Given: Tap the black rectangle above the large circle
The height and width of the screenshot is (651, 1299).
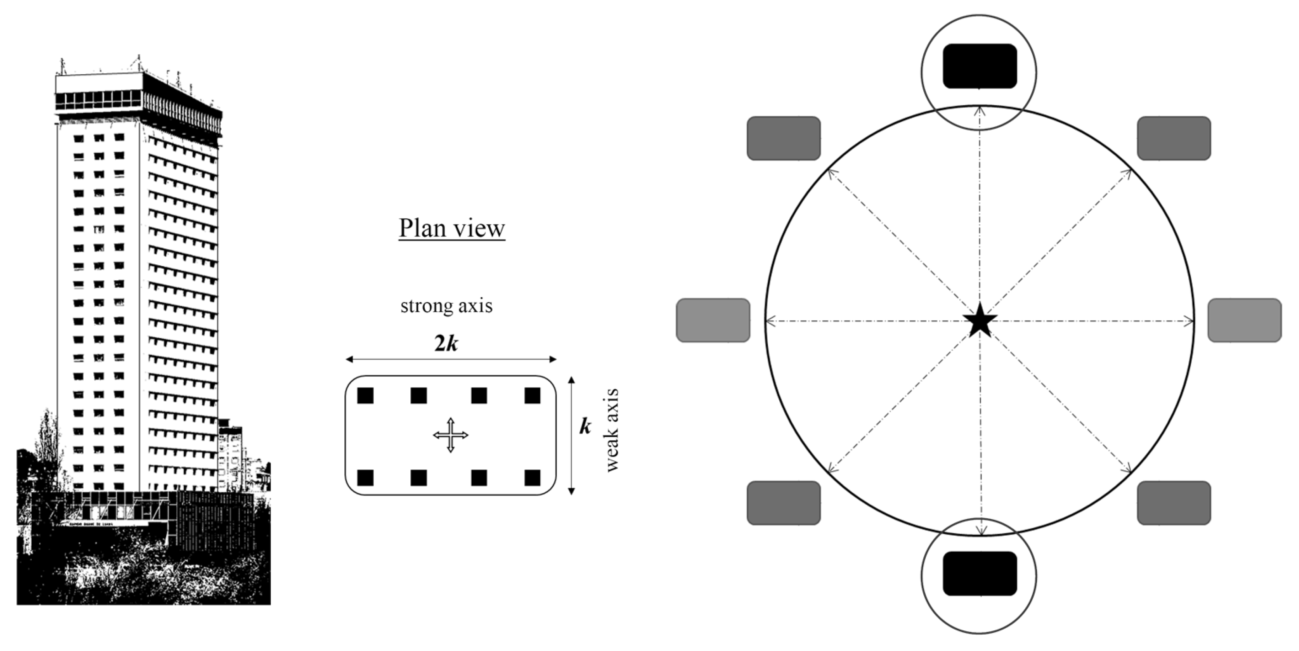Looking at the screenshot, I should click(x=979, y=66).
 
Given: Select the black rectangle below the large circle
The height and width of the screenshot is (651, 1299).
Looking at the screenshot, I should click(x=979, y=573).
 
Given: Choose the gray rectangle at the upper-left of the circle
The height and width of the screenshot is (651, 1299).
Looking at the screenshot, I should click(x=783, y=138).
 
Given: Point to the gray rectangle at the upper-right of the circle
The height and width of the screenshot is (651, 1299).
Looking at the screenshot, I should click(x=1174, y=138).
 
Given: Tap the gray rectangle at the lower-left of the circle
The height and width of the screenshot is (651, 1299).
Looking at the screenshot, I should click(x=783, y=503).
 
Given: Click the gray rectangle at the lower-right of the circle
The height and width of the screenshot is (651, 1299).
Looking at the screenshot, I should click(x=1174, y=503).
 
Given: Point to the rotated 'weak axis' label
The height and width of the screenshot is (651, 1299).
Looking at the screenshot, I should click(x=611, y=430).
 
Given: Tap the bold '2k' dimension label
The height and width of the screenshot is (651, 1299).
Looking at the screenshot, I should click(x=446, y=343).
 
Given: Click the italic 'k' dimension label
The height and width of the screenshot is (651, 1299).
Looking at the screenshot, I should click(x=584, y=427).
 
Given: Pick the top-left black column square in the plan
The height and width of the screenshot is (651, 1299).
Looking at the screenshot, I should click(x=365, y=396).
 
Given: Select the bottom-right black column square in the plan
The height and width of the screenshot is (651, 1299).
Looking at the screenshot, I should click(x=532, y=477).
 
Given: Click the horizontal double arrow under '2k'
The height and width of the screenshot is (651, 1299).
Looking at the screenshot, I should click(x=451, y=359).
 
